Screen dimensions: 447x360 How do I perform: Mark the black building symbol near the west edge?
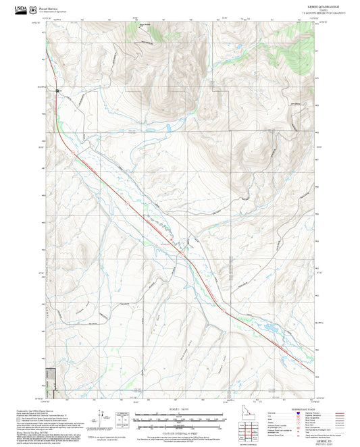coord(58,90)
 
